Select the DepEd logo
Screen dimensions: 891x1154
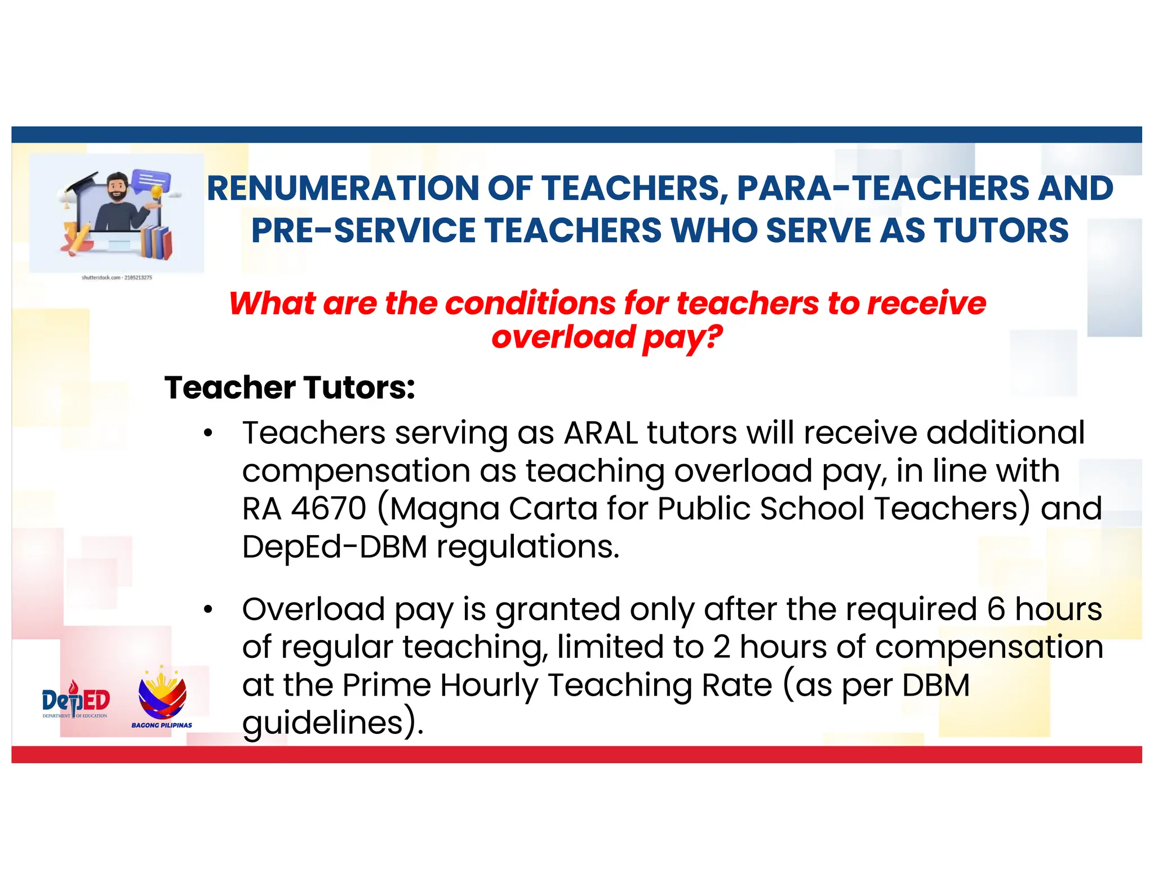[x=76, y=700]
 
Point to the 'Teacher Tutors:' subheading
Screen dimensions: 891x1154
[x=290, y=387]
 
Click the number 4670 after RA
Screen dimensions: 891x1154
[x=329, y=509]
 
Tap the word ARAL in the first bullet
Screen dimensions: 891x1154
[x=601, y=433]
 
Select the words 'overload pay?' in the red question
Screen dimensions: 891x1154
[x=607, y=337]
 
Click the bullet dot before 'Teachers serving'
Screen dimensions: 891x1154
[x=208, y=433]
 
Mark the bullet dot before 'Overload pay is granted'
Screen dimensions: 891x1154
[x=208, y=609]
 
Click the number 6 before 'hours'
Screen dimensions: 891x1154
[x=996, y=609]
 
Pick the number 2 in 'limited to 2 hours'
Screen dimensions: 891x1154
[x=722, y=647]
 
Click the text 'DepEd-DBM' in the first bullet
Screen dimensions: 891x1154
[x=335, y=547]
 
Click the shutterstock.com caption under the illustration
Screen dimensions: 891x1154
[x=117, y=278]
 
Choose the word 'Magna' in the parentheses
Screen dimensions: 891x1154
[x=445, y=509]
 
